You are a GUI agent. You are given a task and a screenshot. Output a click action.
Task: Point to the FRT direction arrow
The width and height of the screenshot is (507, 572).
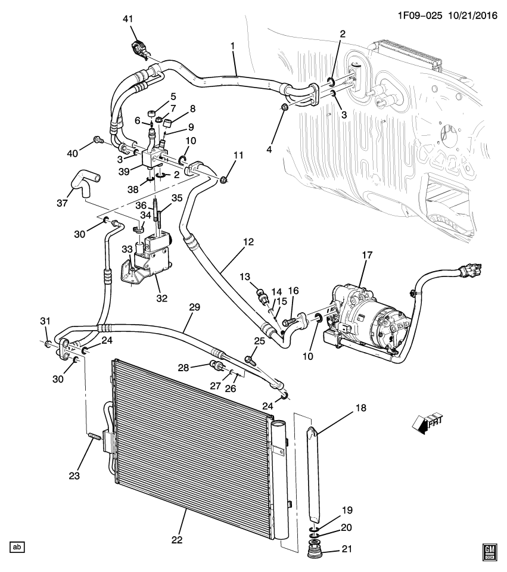pyautogui.click(x=427, y=422)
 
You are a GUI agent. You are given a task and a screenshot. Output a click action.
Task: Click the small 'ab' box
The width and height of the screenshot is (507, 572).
pyautogui.click(x=17, y=546)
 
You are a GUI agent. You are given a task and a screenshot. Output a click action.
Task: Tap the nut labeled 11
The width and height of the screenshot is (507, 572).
pyautogui.click(x=224, y=179)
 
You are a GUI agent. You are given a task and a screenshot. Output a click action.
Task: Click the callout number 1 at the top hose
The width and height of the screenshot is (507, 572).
pyautogui.click(x=232, y=46)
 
